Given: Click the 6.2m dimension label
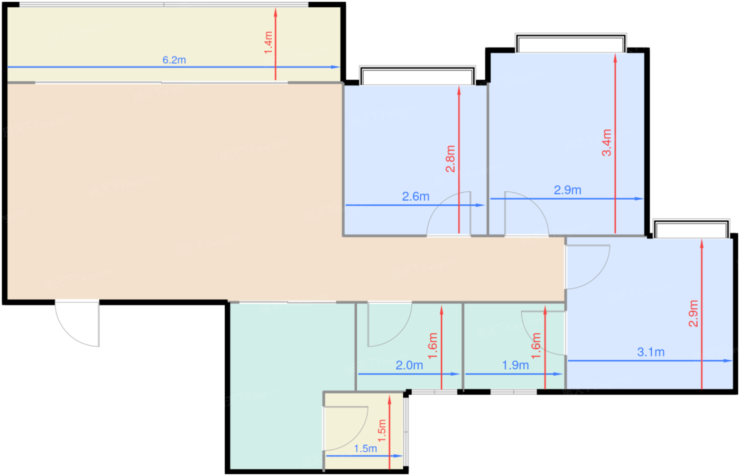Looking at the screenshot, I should (x=174, y=60).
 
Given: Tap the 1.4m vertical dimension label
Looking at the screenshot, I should (x=269, y=42).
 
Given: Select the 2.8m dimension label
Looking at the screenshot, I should (x=450, y=159).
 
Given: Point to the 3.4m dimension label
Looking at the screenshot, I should (x=607, y=143).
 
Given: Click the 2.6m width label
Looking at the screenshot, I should (x=415, y=197).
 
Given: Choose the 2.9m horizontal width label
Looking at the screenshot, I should (x=567, y=190).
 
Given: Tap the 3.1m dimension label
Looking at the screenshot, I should (x=651, y=352).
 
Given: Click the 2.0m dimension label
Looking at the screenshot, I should (x=409, y=365).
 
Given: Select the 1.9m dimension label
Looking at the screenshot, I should (x=515, y=365).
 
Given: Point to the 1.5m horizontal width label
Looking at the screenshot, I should (x=365, y=449).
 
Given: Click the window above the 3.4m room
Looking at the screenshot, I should (x=570, y=44).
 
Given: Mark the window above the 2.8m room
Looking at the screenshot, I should (x=417, y=76).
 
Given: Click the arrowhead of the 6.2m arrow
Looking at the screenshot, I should (x=336, y=67).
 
